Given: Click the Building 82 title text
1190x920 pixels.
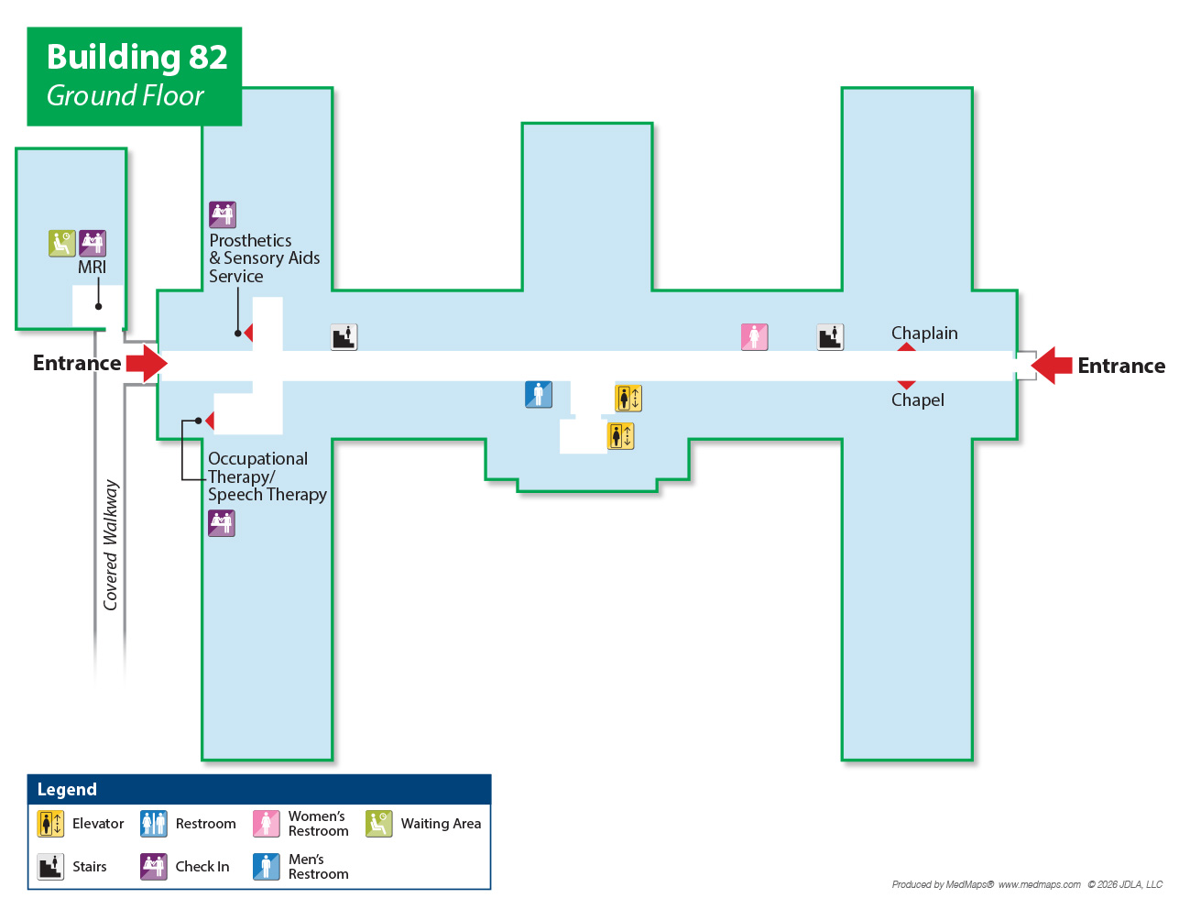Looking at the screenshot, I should click(x=136, y=57).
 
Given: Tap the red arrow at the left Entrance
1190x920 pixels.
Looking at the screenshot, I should click(x=147, y=364).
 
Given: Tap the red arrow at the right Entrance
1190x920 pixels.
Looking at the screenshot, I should click(x=1052, y=366).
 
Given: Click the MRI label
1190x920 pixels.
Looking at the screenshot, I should click(x=92, y=267).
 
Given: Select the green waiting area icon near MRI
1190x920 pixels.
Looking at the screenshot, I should click(x=61, y=243).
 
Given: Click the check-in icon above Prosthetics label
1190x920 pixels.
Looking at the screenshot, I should click(x=223, y=214).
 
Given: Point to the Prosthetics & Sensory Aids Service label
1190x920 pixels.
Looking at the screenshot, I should click(x=264, y=258).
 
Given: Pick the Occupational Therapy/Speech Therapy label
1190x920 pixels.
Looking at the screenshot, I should click(x=267, y=476).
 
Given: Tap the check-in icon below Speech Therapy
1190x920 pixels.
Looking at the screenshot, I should click(x=222, y=523).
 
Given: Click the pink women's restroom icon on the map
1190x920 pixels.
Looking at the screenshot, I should click(x=754, y=337).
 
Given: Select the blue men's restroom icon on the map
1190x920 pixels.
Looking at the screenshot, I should click(x=539, y=394).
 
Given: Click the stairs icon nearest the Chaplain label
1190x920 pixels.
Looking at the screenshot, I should click(x=830, y=337).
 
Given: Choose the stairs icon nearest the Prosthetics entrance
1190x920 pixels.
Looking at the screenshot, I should click(x=344, y=337).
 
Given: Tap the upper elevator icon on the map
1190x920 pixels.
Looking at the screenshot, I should click(x=628, y=398).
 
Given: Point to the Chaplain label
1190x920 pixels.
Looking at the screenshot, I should click(x=924, y=334).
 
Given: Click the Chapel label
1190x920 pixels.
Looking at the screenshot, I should click(x=917, y=400).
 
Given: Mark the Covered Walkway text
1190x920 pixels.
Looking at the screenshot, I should click(x=111, y=544).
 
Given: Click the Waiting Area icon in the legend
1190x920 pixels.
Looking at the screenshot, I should click(x=378, y=824).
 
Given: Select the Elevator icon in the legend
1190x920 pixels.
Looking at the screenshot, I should click(x=50, y=824).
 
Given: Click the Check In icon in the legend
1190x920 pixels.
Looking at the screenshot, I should click(x=154, y=867).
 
